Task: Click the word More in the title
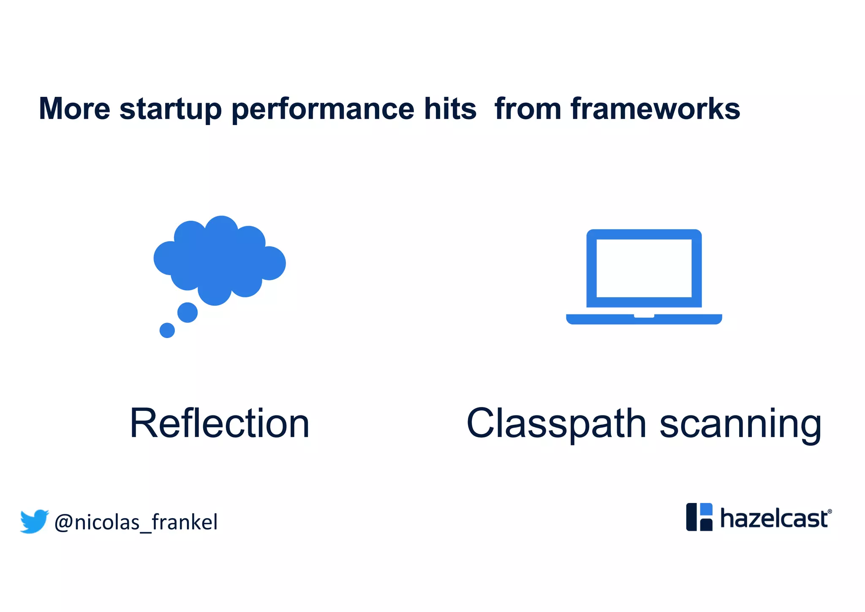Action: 74,109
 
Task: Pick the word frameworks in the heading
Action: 655,109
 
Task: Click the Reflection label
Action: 220,423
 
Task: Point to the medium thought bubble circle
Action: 188,312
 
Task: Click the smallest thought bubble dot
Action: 167,330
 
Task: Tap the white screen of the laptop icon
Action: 644,268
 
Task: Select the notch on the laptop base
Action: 644,316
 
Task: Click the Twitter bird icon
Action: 34,521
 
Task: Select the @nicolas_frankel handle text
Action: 136,522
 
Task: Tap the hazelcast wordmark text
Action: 774,519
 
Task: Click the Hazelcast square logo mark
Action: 699,517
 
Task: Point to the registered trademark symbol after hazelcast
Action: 830,511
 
